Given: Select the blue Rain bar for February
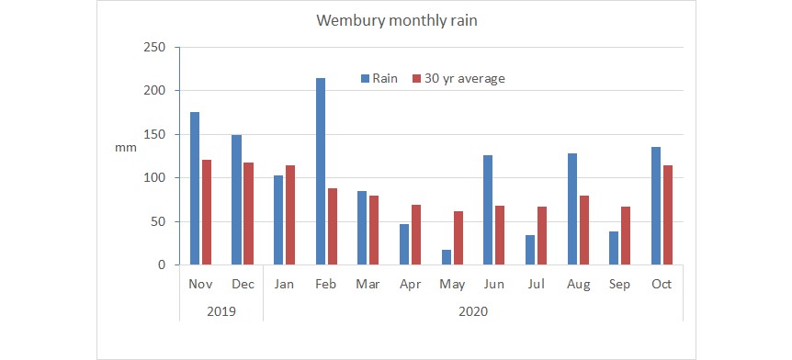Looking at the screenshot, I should [x=321, y=172].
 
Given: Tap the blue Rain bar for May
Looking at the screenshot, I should [x=445, y=257].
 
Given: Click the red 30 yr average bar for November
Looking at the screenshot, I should [x=208, y=212].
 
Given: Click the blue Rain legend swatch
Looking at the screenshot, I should [x=364, y=79].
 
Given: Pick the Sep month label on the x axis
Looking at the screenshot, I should [x=620, y=285].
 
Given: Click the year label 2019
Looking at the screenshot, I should [x=221, y=311].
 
